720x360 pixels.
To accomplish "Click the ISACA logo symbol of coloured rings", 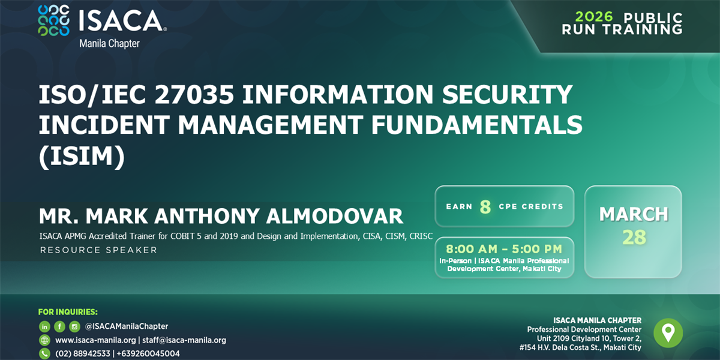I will point(53,21).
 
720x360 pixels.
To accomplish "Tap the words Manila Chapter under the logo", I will point(109,44).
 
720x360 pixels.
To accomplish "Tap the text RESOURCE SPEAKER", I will point(98,250).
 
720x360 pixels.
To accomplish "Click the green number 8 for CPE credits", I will point(485,207).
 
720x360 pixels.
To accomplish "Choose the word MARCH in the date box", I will point(634,214).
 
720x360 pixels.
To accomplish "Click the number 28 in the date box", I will point(634,238).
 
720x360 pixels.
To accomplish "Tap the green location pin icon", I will point(668,332).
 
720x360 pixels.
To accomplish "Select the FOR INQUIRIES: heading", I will point(68,312).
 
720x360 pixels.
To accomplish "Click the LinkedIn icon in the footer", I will point(44,326).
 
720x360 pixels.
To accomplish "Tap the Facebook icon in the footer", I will point(59,326).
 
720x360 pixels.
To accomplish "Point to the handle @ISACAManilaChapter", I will point(127,326).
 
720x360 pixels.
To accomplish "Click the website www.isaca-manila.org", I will point(95,340).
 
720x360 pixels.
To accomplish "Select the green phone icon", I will point(44,354).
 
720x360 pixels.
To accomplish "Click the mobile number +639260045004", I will point(148,354).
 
